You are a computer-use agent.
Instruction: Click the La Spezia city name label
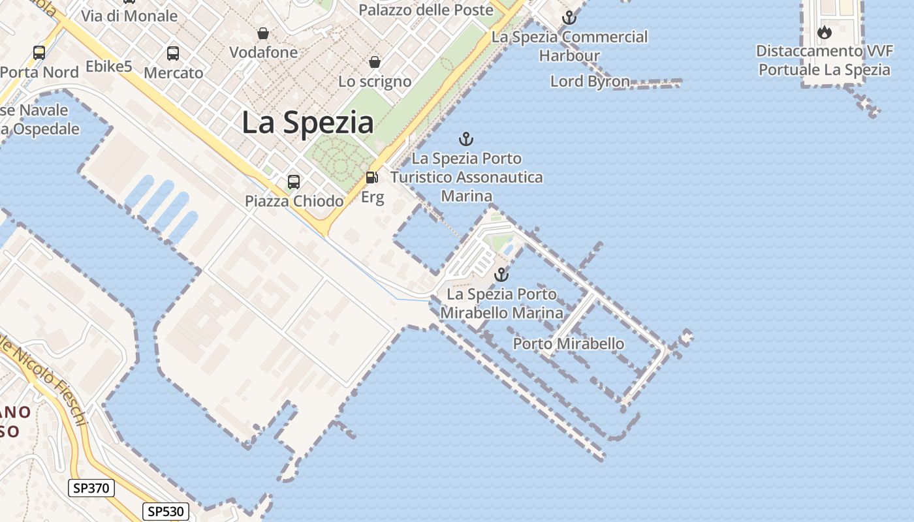[x=307, y=123]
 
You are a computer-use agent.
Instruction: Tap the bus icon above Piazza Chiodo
[x=294, y=182]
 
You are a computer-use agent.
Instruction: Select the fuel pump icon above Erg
[x=372, y=177]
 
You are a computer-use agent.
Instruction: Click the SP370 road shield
[x=91, y=488]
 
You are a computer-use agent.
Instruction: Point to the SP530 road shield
[x=166, y=512]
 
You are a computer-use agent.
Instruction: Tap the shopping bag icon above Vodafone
[x=263, y=33]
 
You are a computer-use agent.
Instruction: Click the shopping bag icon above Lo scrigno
[x=375, y=62]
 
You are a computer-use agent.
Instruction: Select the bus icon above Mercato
[x=173, y=54]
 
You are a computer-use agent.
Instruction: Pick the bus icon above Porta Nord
[x=39, y=53]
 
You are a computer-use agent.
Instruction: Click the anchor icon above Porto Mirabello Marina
[x=501, y=275]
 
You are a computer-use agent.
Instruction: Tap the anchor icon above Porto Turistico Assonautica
[x=466, y=139]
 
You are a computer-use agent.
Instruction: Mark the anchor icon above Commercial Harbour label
[x=569, y=18]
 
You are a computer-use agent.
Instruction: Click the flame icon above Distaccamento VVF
[x=825, y=32]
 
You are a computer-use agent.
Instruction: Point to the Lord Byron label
[x=590, y=82]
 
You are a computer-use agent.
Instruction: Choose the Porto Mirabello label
[x=569, y=344]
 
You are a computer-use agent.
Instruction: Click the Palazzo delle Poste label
[x=426, y=10]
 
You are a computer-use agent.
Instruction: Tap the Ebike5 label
[x=109, y=66]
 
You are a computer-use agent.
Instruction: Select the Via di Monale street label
[x=129, y=16]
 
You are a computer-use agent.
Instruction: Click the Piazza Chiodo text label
[x=294, y=201]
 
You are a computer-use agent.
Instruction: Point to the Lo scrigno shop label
[x=375, y=82]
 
